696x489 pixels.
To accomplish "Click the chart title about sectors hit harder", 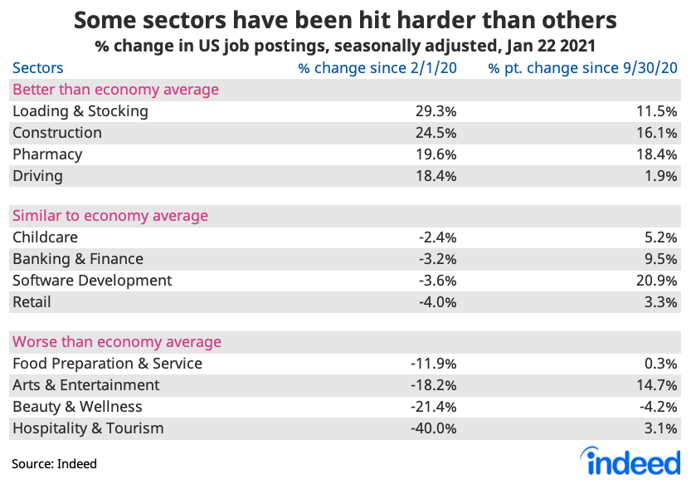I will tap(346, 18).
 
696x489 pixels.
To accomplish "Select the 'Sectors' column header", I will tap(37, 68).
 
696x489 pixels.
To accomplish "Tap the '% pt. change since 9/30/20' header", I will tap(582, 68).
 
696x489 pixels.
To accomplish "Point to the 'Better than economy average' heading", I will tap(115, 90).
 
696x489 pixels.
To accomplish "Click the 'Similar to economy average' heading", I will tap(110, 216).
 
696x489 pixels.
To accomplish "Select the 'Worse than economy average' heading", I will tap(116, 342).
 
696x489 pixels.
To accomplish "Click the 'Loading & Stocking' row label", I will tap(80, 111).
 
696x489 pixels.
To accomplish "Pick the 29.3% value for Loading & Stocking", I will tap(436, 111).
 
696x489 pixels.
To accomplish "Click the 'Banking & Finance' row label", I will tap(78, 259).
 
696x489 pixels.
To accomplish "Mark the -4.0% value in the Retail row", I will tap(437, 302).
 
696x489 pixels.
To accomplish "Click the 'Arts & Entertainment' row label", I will tap(86, 385).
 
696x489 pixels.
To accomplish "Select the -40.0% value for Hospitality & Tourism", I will tap(434, 428).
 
